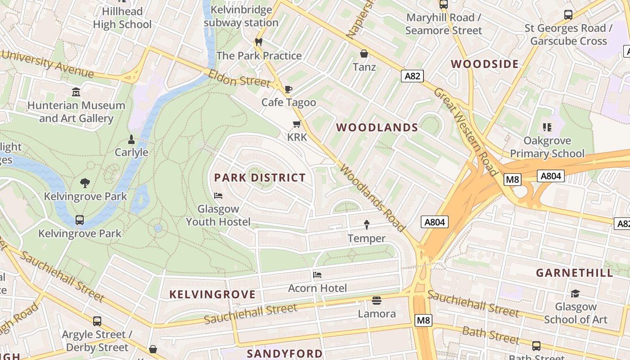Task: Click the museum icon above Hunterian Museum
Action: [x=76, y=92]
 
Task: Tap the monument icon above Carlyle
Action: [x=131, y=139]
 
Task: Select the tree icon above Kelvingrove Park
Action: [x=85, y=183]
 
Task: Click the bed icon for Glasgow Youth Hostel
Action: [x=218, y=196]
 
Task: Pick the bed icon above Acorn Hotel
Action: [x=317, y=275]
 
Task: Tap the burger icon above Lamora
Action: [x=377, y=300]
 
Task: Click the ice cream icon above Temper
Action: [x=366, y=225]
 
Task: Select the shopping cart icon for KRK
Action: [x=297, y=124]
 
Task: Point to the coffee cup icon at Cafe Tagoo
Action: [x=288, y=89]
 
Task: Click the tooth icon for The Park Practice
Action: [x=258, y=42]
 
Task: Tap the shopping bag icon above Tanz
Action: [x=364, y=54]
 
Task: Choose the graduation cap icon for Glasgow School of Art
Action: [x=575, y=294]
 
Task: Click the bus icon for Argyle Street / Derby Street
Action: [x=97, y=321]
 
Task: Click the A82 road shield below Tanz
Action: [x=412, y=76]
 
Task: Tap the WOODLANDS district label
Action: [x=377, y=128]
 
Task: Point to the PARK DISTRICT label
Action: [x=260, y=178]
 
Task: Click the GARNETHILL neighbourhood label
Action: [x=575, y=273]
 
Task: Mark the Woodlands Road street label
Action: [x=373, y=198]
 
